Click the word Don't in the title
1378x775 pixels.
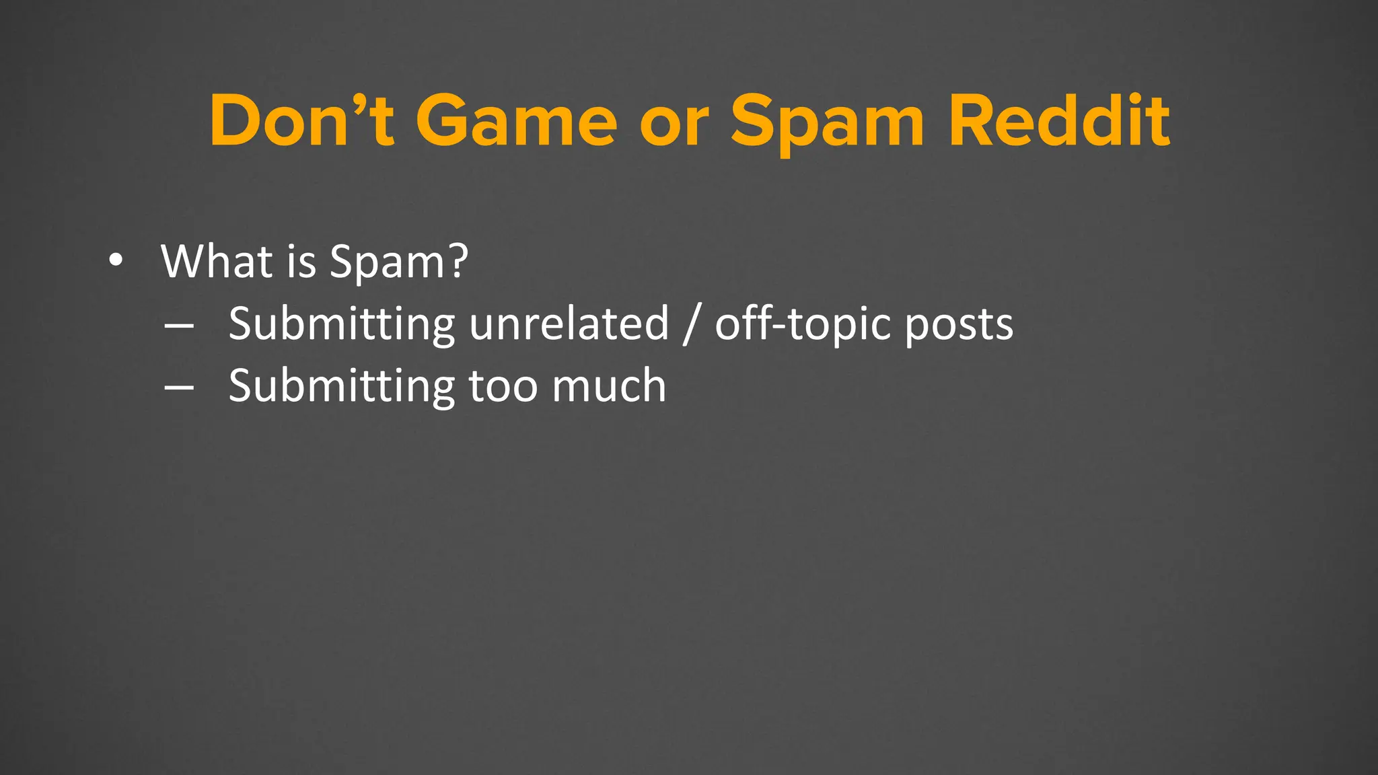[x=301, y=121]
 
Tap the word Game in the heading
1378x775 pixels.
[x=516, y=121]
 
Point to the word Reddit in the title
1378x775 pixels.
[x=1059, y=121]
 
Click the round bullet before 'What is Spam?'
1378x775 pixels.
[x=116, y=261]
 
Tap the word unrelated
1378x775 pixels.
[x=569, y=324]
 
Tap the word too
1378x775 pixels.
[x=502, y=387]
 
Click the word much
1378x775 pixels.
[x=608, y=386]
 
